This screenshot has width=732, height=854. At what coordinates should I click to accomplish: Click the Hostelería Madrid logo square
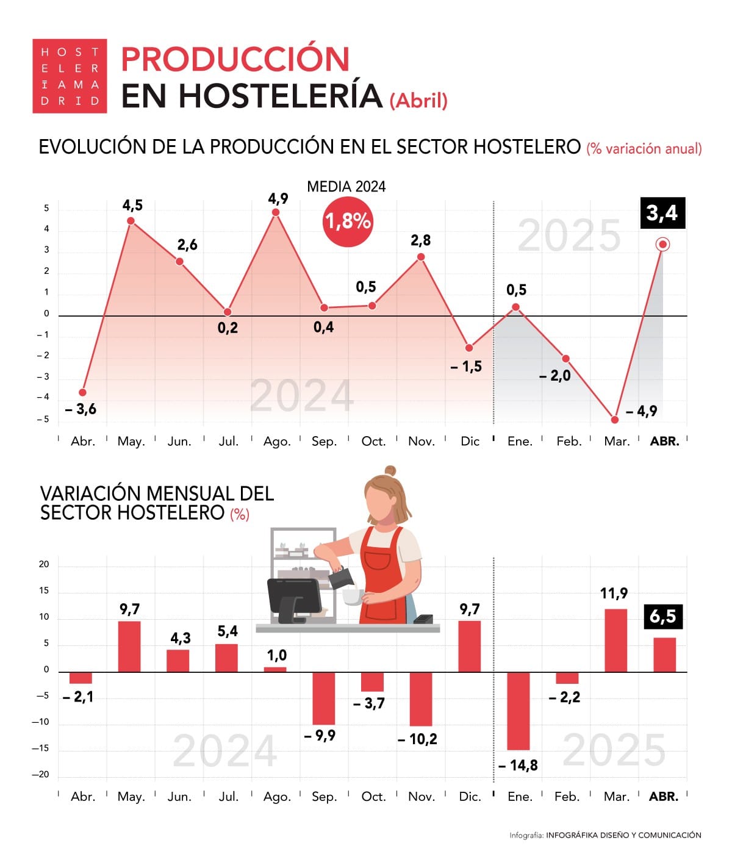70,76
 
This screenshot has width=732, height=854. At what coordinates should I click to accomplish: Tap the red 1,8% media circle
347,221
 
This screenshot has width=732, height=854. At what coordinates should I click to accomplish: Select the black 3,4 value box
662,213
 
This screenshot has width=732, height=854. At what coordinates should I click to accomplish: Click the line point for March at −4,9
614,420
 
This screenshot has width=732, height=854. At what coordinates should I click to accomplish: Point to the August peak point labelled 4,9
276,212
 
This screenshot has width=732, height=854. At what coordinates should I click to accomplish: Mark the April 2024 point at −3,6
82,392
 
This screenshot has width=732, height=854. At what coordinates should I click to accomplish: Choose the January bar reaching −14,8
518,711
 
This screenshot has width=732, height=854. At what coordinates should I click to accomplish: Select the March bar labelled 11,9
615,640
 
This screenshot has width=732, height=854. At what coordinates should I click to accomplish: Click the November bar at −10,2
421,699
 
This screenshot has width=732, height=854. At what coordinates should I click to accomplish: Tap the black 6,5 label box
663,617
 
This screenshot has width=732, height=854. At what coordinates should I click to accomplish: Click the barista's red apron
382,573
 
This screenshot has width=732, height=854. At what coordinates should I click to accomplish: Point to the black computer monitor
294,595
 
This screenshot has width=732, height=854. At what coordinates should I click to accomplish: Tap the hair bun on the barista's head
390,471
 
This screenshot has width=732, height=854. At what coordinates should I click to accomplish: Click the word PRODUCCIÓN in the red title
235,59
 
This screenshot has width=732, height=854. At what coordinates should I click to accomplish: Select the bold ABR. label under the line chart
664,441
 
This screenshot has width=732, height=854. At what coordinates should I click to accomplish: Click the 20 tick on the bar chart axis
44,564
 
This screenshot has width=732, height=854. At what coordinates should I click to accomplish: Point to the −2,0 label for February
554,376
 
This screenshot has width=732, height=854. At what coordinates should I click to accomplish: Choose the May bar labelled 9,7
129,647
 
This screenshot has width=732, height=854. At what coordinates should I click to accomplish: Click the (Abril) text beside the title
418,100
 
